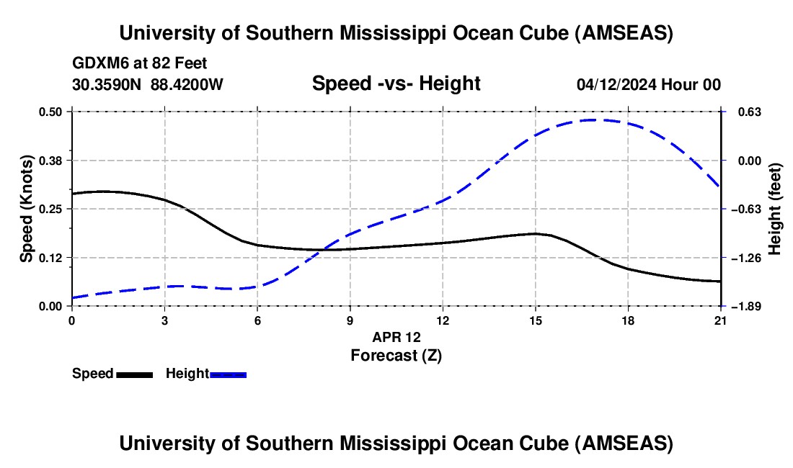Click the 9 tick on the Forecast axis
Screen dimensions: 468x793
click(350, 320)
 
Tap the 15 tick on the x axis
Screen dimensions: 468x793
click(536, 320)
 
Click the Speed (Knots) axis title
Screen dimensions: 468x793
click(26, 209)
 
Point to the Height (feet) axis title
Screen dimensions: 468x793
click(776, 209)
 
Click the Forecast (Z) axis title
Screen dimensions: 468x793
click(396, 355)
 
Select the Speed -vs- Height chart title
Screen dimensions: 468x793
click(396, 84)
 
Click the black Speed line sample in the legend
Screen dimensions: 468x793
click(134, 374)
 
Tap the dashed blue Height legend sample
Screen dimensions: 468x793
click(229, 374)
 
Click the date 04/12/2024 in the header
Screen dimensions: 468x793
click(616, 85)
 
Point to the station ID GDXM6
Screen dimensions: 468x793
click(97, 64)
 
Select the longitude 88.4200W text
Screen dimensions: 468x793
click(187, 85)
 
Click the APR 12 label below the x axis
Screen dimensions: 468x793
click(396, 337)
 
